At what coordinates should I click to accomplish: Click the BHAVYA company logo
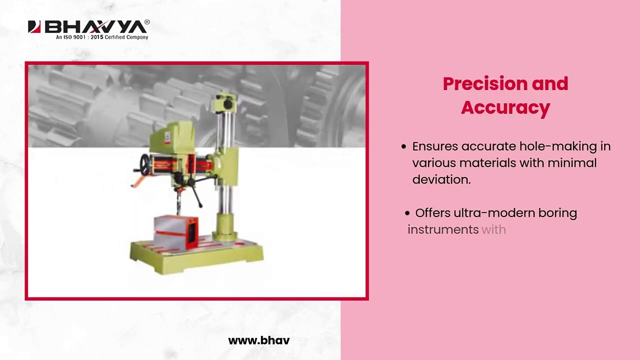[x=88, y=27]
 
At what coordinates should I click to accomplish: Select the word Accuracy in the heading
[x=505, y=107]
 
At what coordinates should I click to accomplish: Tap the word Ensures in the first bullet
[x=434, y=146]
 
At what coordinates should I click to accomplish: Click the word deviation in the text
[x=441, y=179]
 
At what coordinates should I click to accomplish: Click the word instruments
[x=443, y=229]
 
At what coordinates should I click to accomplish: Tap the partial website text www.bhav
[x=258, y=340]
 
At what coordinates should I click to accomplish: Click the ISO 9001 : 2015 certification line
[x=102, y=37]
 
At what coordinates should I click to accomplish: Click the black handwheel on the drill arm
[x=145, y=164]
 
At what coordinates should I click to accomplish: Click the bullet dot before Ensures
[x=404, y=147]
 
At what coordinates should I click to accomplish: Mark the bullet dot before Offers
[x=407, y=213]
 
